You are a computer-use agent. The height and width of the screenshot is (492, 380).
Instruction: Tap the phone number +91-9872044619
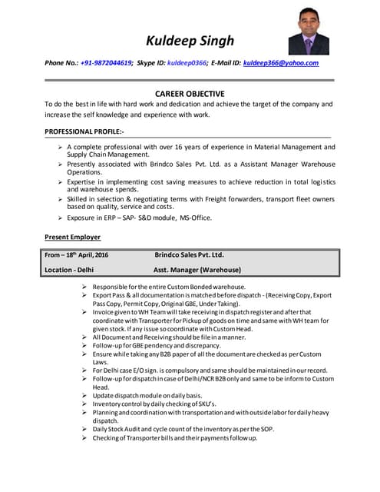point(106,63)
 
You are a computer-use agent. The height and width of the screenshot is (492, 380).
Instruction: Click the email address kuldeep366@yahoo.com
point(280,63)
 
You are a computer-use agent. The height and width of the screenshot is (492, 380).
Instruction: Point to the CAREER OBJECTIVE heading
point(190,93)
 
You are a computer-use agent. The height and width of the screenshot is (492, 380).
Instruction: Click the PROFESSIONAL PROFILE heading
point(85,131)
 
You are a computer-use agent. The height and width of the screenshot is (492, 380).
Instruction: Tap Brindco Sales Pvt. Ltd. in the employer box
point(189,254)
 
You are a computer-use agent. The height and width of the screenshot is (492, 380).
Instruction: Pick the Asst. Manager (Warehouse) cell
point(197,270)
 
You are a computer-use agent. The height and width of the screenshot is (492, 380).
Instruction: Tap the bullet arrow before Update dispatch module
point(85,395)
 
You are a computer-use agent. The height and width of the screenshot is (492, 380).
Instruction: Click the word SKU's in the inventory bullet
point(204,404)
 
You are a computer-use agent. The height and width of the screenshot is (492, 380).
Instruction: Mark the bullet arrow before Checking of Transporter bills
point(85,438)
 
